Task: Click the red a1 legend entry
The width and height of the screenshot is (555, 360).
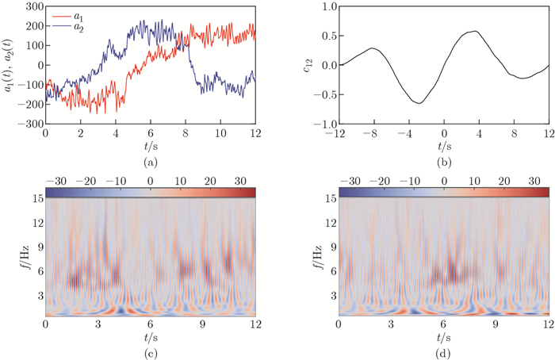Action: [78, 15]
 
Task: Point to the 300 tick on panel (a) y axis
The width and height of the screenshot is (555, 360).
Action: [33, 6]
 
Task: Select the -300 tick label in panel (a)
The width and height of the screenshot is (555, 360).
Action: [29, 124]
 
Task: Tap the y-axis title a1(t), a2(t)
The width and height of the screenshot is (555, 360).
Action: [9, 65]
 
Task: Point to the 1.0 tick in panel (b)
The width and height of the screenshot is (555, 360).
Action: [327, 6]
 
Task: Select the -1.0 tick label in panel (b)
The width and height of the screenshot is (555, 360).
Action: [324, 124]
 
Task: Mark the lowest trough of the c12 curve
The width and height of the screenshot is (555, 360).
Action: [419, 103]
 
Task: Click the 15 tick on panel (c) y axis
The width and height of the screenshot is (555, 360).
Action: [36, 199]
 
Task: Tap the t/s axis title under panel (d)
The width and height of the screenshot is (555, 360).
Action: [443, 336]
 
